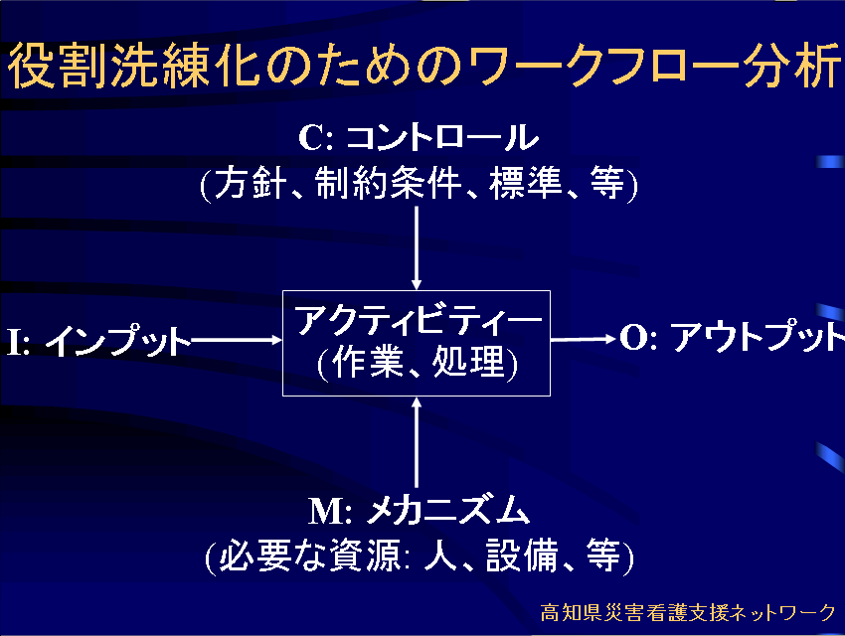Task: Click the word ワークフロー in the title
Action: click(x=603, y=66)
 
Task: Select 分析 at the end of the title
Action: click(x=792, y=66)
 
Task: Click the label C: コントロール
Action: click(x=419, y=137)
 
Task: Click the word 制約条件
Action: click(x=389, y=183)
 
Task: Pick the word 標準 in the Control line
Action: click(x=526, y=183)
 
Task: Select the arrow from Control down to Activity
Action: click(x=416, y=248)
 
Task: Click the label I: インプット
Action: click(x=99, y=340)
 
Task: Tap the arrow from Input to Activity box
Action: click(x=237, y=340)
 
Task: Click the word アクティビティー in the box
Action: click(x=419, y=321)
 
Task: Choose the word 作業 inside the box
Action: click(x=368, y=362)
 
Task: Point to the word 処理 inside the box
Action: click(x=469, y=362)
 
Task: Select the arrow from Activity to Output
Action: click(x=584, y=339)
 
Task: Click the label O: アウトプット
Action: click(x=732, y=337)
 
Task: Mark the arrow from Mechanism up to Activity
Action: click(x=416, y=442)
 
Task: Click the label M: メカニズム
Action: click(x=420, y=511)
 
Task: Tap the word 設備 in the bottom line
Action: click(x=522, y=556)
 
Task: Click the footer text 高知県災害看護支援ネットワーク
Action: click(x=688, y=613)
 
